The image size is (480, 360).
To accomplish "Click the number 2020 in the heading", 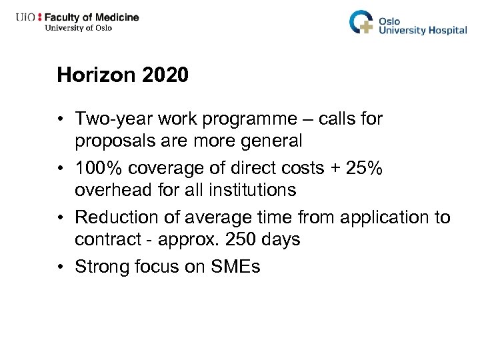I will tap(165, 75).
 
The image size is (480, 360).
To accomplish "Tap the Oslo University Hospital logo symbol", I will tap(362, 23).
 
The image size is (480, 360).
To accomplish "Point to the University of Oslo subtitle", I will tap(78, 28).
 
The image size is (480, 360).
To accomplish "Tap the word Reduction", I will tap(114, 218).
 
